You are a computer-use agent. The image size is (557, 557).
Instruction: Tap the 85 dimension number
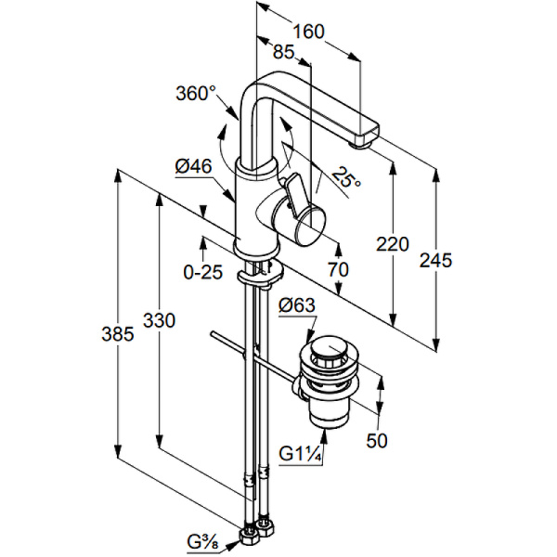pos(283,54)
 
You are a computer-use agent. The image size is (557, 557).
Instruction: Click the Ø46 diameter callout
pos(193,167)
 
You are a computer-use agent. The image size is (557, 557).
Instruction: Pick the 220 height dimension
pos(393,245)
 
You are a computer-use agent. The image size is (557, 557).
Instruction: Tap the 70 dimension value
pos(338,270)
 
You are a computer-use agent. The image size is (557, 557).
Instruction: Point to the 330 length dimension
pos(159,320)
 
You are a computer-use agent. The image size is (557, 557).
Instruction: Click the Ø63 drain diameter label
pos(297,305)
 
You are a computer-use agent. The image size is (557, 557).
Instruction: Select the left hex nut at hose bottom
pos(248,537)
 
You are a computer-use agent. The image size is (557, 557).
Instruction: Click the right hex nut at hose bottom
pos(267,529)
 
